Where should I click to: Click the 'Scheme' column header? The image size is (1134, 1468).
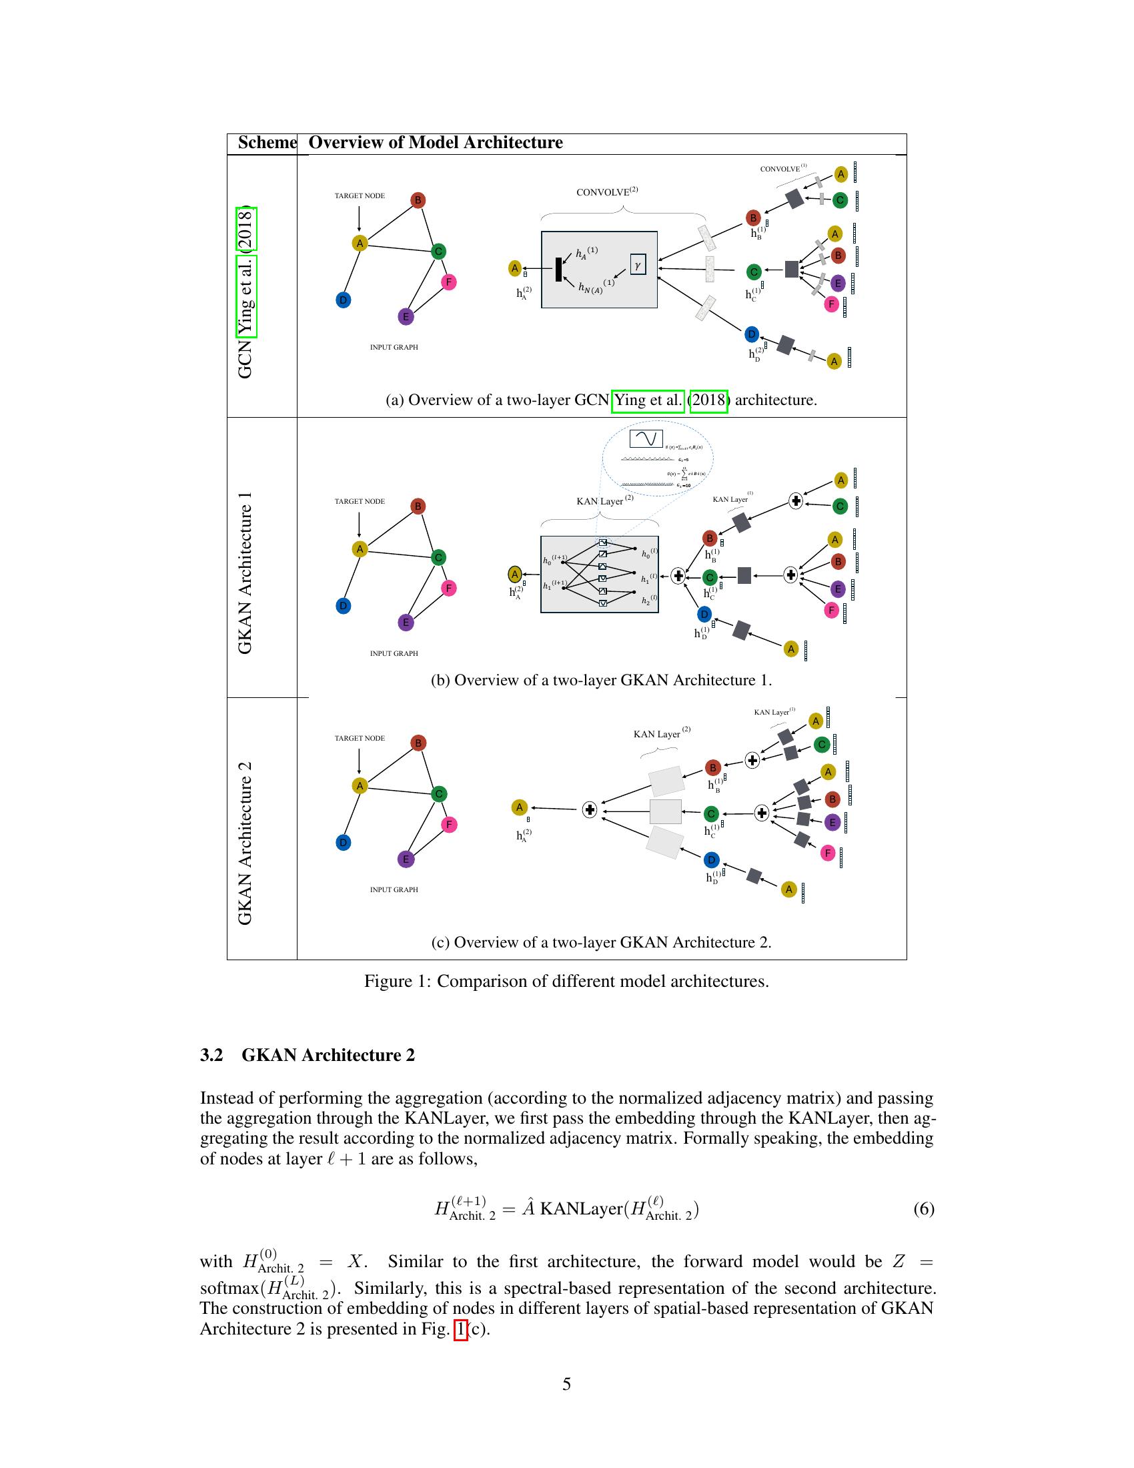point(267,143)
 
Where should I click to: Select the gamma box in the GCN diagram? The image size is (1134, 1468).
point(638,264)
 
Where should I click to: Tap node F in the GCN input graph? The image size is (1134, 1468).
point(449,282)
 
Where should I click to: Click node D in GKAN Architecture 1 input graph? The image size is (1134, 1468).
point(344,606)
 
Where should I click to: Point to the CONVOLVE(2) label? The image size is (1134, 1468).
point(606,192)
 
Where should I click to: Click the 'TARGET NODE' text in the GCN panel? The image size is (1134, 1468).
point(360,196)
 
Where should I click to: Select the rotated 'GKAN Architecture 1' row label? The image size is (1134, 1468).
point(245,572)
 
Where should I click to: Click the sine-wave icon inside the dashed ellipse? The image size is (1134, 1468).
point(646,439)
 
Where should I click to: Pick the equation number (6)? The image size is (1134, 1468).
point(923,1208)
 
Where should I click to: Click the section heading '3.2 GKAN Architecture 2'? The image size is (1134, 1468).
point(307,1054)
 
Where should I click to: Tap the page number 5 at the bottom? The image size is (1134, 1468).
point(566,1384)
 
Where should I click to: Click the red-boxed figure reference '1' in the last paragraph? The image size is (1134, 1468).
point(460,1329)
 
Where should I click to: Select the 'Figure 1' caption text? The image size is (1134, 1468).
point(566,981)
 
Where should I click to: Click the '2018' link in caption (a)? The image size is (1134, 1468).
point(708,400)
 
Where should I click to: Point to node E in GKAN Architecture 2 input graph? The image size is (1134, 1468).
point(405,859)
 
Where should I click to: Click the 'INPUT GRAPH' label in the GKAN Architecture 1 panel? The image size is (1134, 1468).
point(394,653)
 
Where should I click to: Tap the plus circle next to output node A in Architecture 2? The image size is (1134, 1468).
point(589,810)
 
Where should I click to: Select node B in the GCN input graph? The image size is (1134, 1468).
point(418,200)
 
